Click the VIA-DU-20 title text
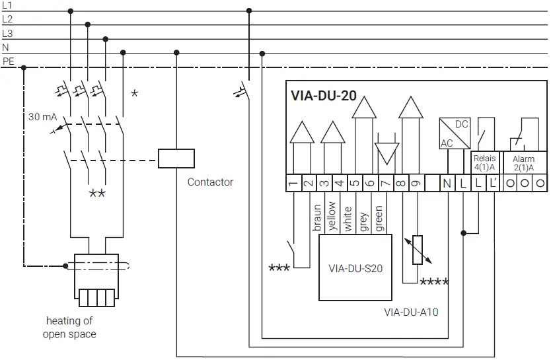[x=324, y=96]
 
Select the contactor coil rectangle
[x=176, y=159]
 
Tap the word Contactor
[x=210, y=182]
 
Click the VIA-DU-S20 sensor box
[x=355, y=268]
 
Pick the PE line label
[x=8, y=61]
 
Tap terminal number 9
[x=416, y=184]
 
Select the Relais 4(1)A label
[x=484, y=163]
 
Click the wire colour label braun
[x=317, y=217]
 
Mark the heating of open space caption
[x=69, y=328]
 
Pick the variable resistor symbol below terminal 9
[x=416, y=250]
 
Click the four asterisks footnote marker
[x=435, y=283]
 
